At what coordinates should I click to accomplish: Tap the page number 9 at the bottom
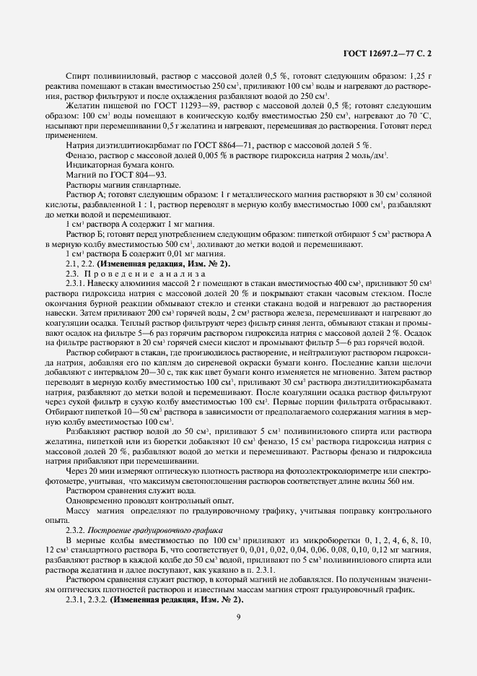coord(238,616)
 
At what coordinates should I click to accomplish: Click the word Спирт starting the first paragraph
coord(77,76)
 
